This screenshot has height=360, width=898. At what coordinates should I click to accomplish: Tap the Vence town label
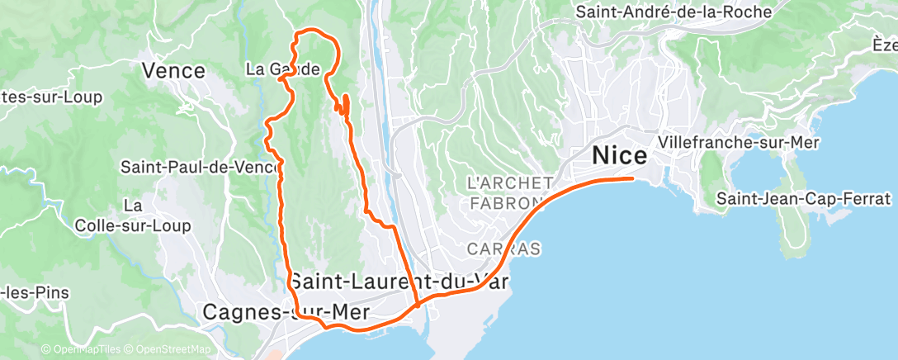tap(173, 71)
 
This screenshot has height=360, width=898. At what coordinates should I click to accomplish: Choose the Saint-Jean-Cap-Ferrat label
tap(804, 199)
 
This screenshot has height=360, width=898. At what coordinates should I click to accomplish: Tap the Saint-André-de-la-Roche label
tap(673, 12)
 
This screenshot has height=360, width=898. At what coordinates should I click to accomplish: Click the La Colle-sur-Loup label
tap(132, 215)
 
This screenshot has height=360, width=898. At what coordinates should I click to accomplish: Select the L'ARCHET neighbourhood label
tap(508, 182)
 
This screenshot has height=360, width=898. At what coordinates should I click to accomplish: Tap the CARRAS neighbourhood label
tap(503, 248)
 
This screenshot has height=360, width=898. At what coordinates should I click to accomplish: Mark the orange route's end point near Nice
tap(632, 178)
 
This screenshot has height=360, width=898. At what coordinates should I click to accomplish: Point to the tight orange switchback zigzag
tap(343, 105)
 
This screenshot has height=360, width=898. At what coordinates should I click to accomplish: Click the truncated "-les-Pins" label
tap(35, 291)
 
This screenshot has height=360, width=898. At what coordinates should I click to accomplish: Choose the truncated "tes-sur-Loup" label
tap(51, 97)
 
